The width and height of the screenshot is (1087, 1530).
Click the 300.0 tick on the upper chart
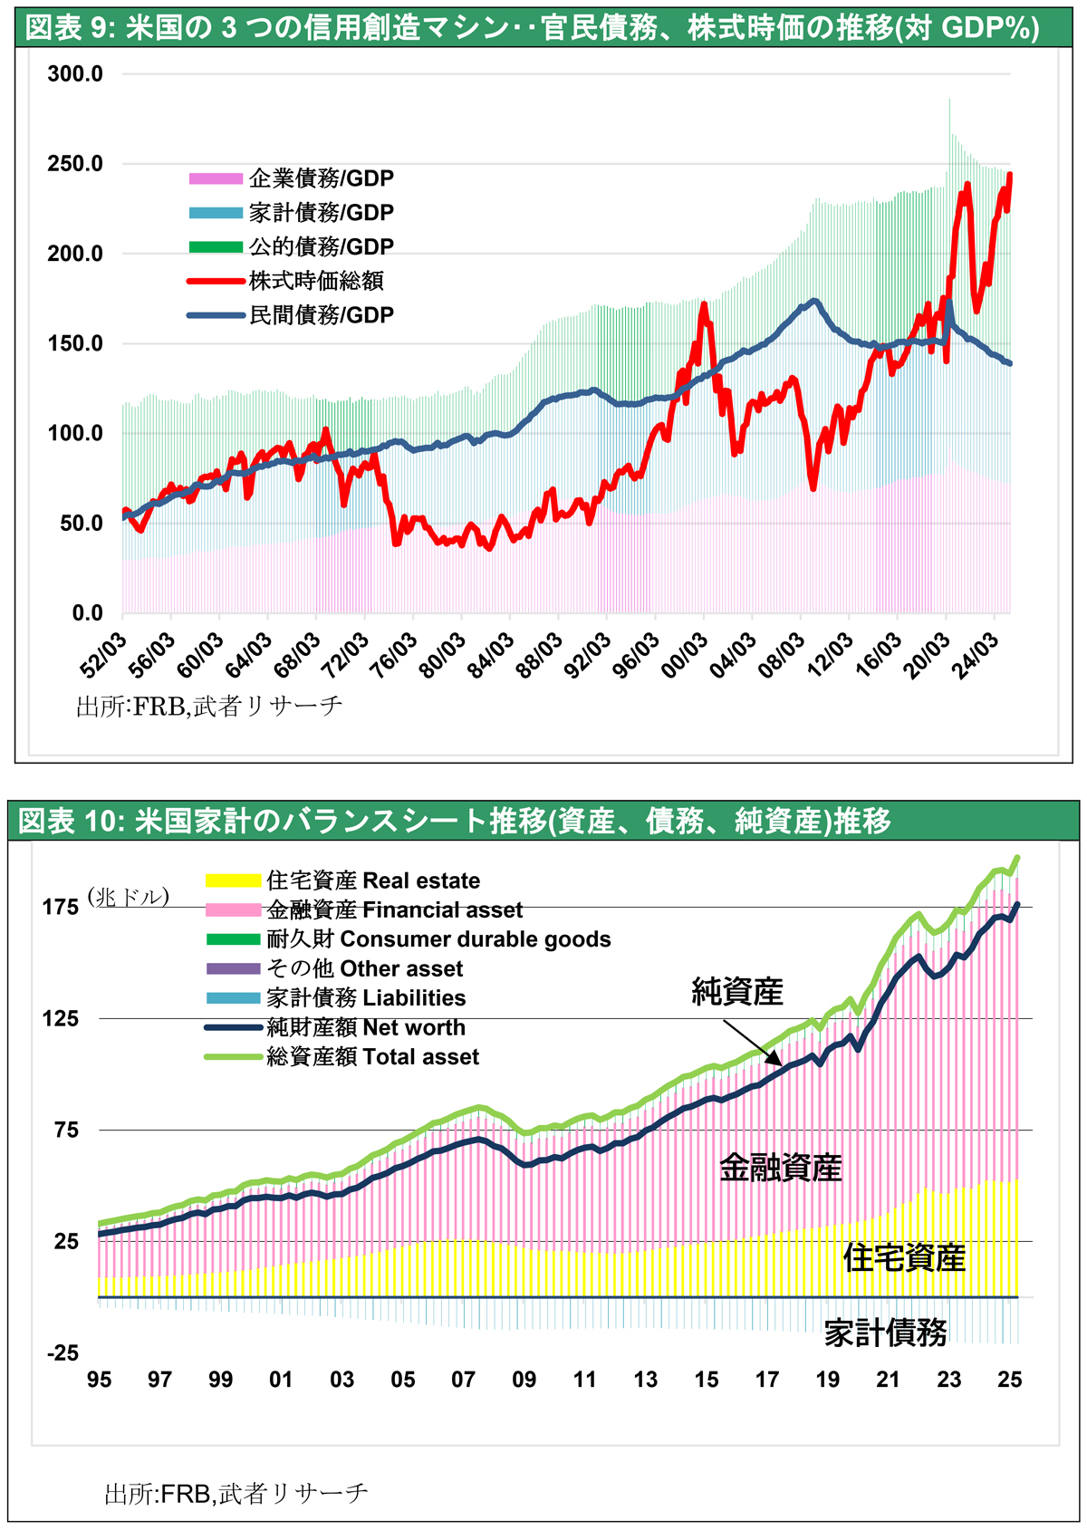coord(75,74)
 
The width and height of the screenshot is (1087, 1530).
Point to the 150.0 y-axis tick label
coord(75,343)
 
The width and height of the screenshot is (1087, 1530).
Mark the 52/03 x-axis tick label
coord(103,652)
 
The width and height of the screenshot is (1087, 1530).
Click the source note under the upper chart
coord(209,706)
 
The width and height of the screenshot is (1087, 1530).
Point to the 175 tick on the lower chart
coord(61,908)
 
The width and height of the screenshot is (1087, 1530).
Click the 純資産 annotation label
coord(736,992)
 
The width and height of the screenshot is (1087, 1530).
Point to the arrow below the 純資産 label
coord(751,1043)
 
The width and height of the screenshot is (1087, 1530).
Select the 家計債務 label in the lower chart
coord(885,1333)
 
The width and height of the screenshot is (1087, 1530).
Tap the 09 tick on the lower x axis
coord(524,1380)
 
